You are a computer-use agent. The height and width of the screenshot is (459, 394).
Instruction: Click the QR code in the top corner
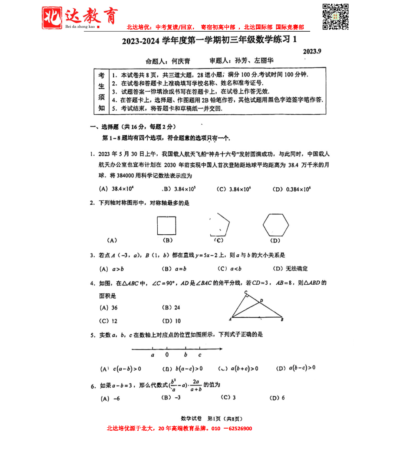335,17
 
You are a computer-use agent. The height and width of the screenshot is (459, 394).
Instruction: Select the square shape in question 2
166,226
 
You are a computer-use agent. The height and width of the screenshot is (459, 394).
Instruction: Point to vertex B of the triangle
282,320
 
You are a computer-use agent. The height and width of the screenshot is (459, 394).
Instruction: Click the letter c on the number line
199,355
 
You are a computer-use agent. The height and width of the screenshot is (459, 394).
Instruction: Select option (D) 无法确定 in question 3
290,269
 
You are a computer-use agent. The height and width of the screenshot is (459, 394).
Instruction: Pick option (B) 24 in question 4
171,308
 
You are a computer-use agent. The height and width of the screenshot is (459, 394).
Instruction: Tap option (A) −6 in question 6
110,398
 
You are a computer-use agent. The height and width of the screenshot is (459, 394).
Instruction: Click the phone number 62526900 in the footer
238,429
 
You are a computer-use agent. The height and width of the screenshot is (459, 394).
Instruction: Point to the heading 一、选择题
104,127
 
